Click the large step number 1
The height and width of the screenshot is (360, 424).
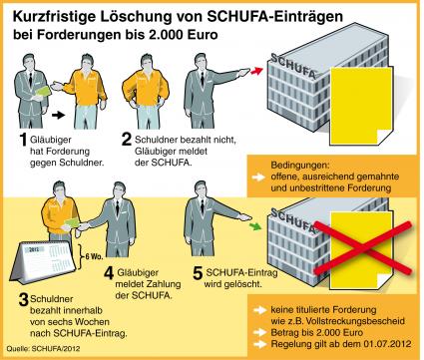[23, 140]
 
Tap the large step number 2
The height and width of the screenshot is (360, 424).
[127, 140]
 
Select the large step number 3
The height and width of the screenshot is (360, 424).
[23, 300]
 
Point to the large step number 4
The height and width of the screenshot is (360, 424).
[109, 273]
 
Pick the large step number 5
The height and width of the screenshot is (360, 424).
[198, 273]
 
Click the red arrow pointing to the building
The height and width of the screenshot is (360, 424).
[256, 71]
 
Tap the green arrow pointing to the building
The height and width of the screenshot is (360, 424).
[255, 227]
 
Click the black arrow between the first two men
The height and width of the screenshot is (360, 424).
[58, 116]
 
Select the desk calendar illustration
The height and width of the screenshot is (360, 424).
[43, 263]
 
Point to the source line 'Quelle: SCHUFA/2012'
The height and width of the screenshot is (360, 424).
[43, 349]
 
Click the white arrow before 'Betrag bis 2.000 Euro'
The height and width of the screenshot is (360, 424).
[259, 332]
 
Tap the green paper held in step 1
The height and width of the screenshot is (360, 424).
[43, 92]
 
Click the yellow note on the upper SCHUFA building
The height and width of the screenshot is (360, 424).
[361, 106]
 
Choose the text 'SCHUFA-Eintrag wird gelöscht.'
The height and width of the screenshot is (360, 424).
[238, 278]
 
